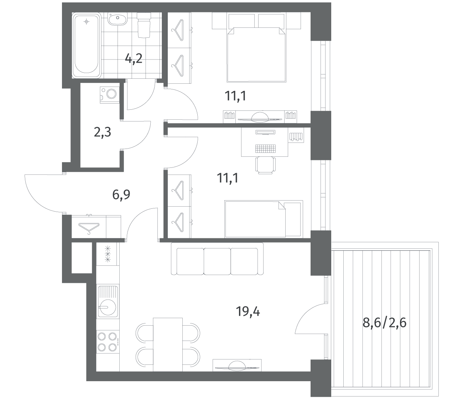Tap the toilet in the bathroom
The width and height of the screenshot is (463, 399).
click(144, 25)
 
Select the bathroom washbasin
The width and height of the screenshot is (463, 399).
click(118, 19)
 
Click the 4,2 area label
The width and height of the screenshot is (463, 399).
click(134, 59)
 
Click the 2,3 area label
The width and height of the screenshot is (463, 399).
click(102, 133)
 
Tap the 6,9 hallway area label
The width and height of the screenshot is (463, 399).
click(121, 195)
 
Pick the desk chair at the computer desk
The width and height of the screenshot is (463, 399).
click(265, 165)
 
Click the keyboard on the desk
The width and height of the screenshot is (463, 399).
click(265, 149)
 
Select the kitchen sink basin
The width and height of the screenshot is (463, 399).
click(108, 307)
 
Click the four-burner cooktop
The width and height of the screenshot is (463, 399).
click(108, 342)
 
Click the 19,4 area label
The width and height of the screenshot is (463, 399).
click(248, 311)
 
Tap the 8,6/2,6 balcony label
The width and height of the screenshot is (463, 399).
click(384, 323)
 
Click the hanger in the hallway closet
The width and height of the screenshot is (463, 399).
click(89, 228)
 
